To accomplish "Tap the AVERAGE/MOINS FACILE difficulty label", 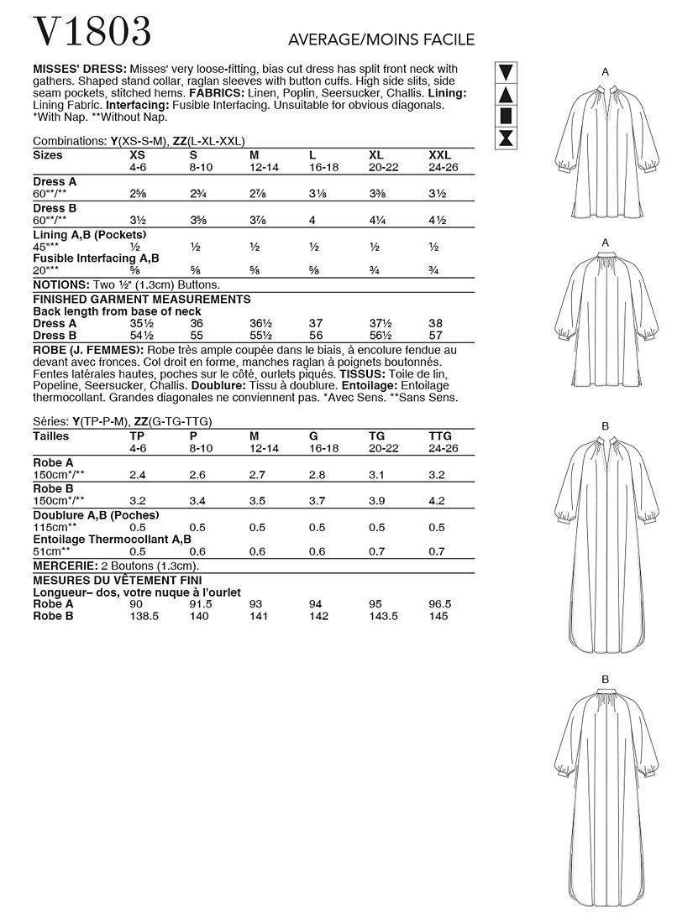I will point(381,39).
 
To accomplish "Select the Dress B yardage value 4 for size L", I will point(312,219).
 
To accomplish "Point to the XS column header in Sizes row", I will point(137,155).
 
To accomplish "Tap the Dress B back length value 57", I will point(436,335).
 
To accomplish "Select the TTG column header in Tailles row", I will point(440,436).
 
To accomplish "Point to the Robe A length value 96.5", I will point(438,603).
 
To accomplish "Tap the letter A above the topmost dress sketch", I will point(606,73).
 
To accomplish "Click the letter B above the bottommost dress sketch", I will point(605,678).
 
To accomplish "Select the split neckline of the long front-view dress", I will point(605,458).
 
